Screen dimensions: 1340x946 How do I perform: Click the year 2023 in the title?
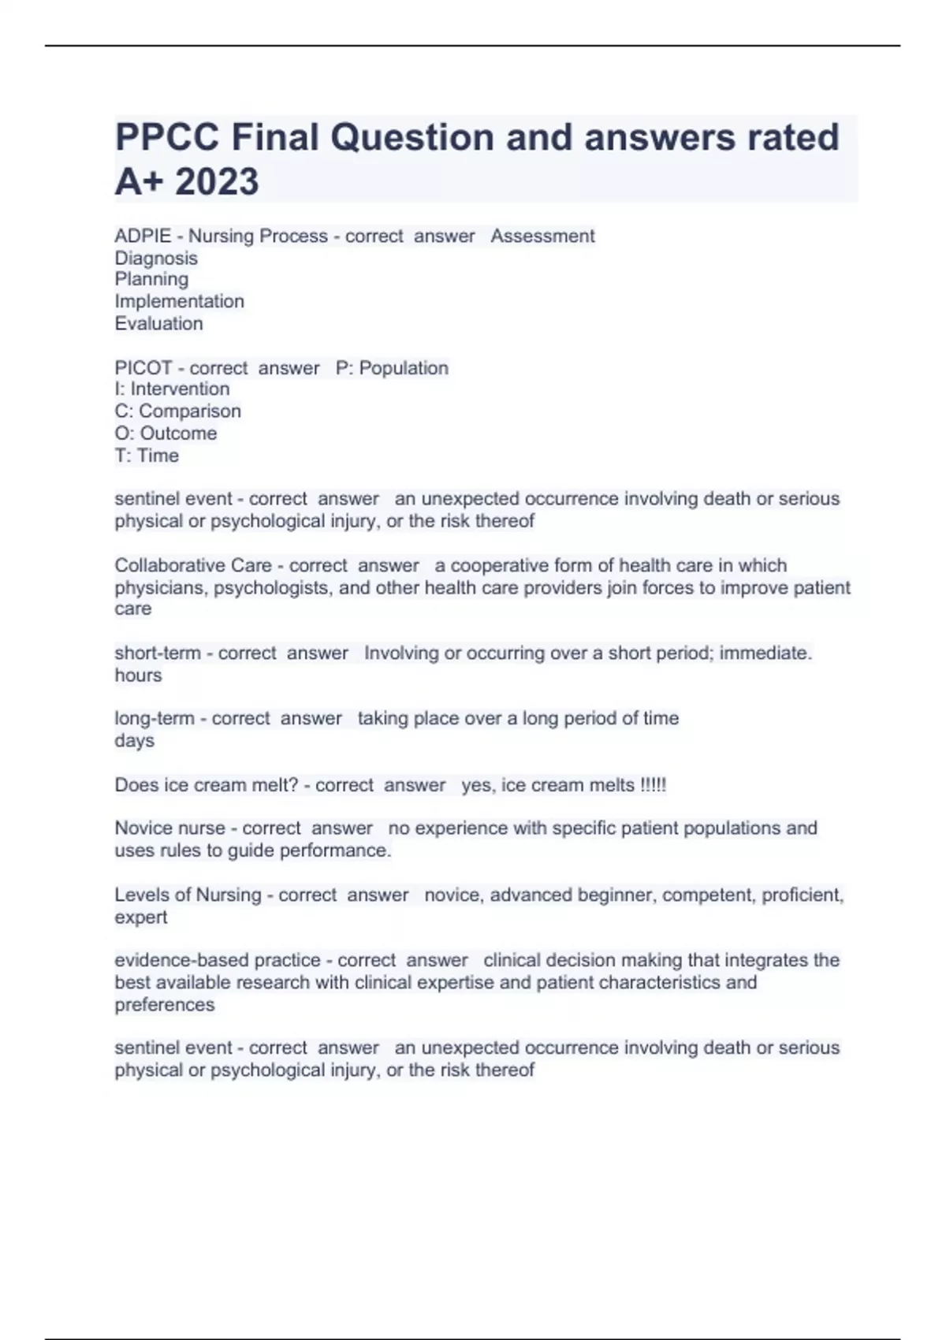coord(217,181)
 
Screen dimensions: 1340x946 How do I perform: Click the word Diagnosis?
coord(156,258)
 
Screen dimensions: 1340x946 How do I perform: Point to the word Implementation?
coord(179,301)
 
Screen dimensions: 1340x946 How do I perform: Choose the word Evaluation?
coord(158,323)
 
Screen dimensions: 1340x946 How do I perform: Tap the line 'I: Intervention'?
coord(172,389)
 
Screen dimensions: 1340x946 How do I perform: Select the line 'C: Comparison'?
coord(177,411)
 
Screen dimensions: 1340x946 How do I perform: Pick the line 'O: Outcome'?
coord(166,433)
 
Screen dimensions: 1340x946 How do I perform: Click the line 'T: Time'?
coord(147,456)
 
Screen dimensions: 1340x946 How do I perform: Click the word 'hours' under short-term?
coord(138,675)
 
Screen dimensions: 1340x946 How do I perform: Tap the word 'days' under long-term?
coord(134,740)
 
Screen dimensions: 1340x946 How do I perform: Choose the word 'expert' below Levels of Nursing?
coord(140,917)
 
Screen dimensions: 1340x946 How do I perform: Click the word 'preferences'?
coord(164,1004)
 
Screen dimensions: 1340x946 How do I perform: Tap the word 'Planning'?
coord(151,279)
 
